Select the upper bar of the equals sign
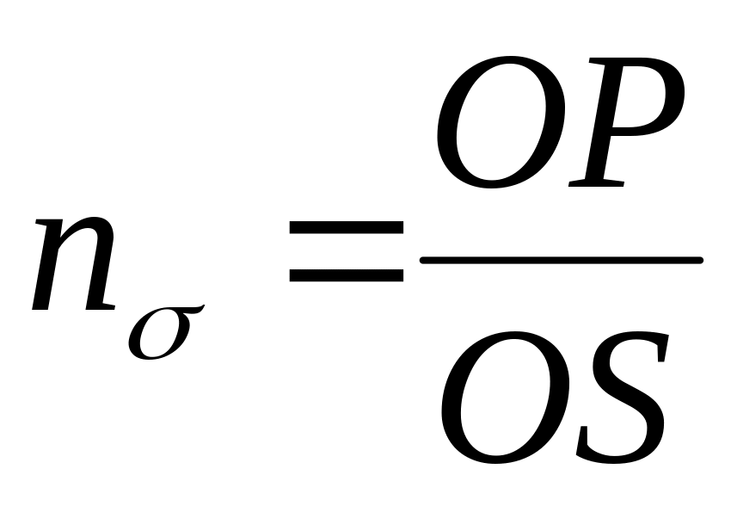[346, 229]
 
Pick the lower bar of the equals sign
[346, 276]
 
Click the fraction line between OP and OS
[560, 259]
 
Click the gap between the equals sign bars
[346, 253]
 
